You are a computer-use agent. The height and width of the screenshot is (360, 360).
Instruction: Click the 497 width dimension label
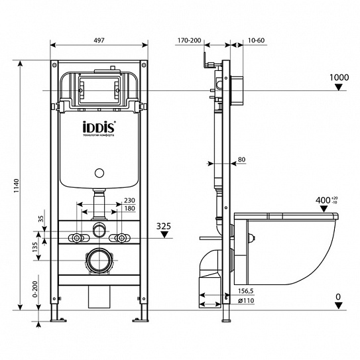point(99,41)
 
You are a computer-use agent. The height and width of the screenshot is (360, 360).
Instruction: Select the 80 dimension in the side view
point(241,159)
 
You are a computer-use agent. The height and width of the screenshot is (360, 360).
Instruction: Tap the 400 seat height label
point(323,200)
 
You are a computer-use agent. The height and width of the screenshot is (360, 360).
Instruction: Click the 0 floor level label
point(339,296)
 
